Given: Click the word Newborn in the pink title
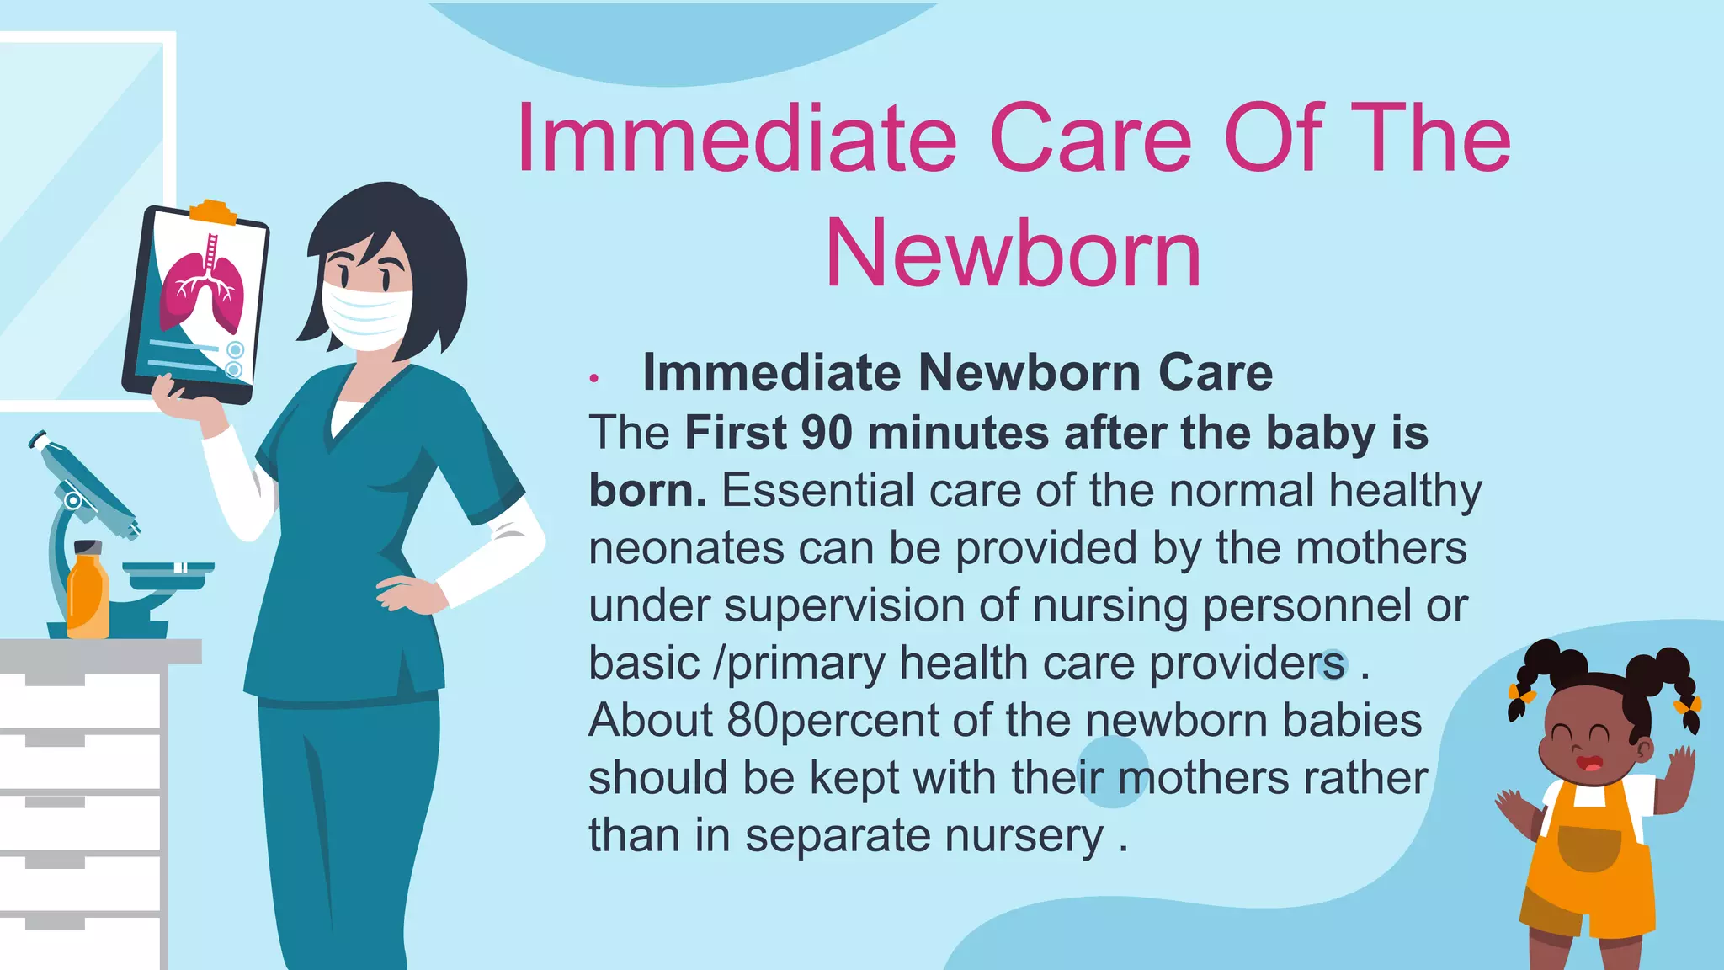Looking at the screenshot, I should (x=1014, y=253).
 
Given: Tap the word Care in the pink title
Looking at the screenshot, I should (x=1091, y=138).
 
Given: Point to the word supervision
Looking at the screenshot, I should (x=870, y=606).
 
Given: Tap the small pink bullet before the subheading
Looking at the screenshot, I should (x=594, y=379).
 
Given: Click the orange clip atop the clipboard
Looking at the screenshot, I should (x=213, y=211).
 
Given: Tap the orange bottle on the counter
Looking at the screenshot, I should (x=88, y=593).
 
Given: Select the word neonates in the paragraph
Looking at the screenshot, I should (x=687, y=548).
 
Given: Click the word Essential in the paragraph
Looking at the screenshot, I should (x=817, y=491).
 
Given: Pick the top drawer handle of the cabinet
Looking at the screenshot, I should (x=55, y=678).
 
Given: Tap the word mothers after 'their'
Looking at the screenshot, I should (x=1203, y=779).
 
